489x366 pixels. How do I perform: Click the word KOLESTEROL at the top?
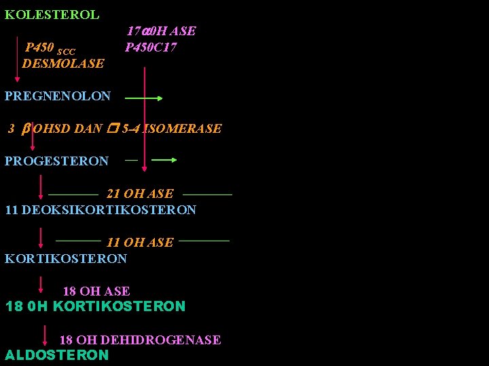point(52,14)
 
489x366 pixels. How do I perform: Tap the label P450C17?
point(151,47)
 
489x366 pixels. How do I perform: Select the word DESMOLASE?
point(63,64)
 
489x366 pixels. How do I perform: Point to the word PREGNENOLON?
point(58,96)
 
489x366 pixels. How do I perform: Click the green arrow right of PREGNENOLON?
point(144,98)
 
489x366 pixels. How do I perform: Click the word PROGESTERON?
point(56,161)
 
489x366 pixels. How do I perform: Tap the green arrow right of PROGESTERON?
point(164,161)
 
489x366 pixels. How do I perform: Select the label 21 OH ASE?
point(140,194)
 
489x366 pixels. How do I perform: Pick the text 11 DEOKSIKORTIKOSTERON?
point(101,210)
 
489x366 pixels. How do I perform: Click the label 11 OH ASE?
point(140,243)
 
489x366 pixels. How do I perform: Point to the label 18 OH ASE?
point(96,291)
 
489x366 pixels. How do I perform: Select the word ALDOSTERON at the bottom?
point(56,355)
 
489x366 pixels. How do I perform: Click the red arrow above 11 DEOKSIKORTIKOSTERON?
point(42,187)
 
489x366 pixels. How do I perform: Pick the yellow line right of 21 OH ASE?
point(207,195)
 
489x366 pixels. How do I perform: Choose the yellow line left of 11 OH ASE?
point(77,240)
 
